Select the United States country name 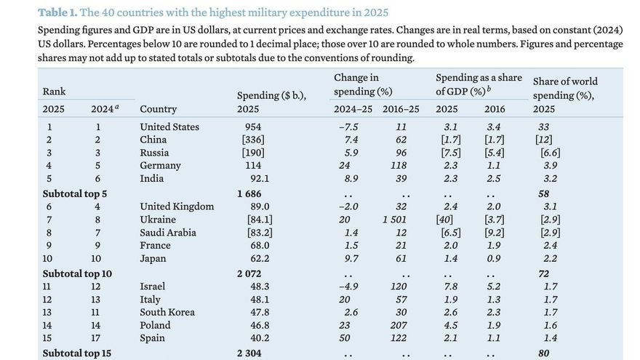click(169, 127)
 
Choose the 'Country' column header click(158, 109)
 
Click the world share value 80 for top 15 click(544, 353)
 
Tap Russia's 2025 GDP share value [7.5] click(448, 153)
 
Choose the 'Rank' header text click(55, 91)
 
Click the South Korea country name click(167, 312)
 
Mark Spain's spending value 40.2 click(255, 338)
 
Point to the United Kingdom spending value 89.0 click(255, 206)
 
